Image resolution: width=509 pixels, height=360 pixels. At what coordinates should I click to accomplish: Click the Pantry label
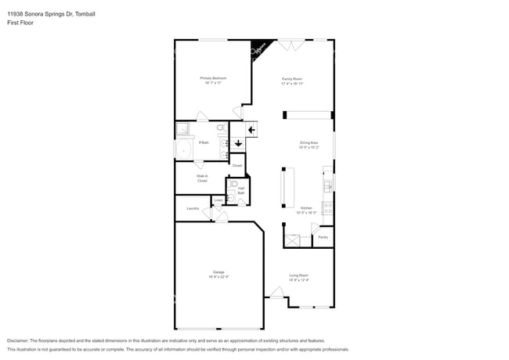point(323,236)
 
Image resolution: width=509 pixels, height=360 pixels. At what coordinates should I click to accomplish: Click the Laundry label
point(193,208)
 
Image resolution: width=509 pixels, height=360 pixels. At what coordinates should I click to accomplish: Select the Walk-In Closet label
point(202,178)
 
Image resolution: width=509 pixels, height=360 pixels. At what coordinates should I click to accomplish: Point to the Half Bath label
point(241,190)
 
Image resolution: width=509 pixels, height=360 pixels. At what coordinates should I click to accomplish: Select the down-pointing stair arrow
point(237,143)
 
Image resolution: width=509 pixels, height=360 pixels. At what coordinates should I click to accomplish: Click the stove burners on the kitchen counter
point(327,209)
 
